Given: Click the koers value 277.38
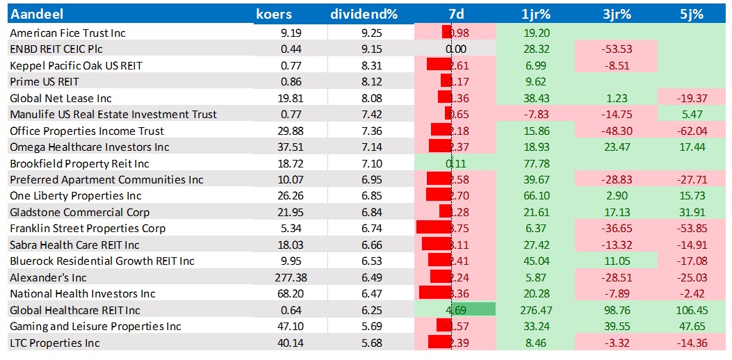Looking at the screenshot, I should pyautogui.click(x=286, y=277).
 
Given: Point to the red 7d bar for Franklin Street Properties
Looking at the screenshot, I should pyautogui.click(x=434, y=229).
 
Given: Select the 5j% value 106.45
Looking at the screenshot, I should pyautogui.click(x=686, y=310).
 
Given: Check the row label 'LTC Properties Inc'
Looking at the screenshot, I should pyautogui.click(x=55, y=343).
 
